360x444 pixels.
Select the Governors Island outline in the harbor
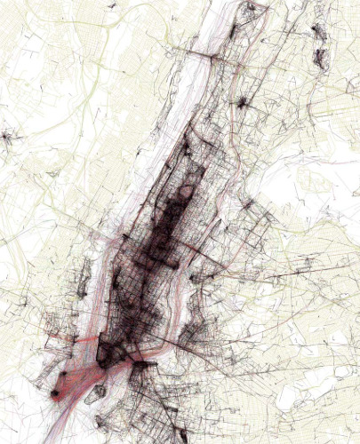pos(98,389)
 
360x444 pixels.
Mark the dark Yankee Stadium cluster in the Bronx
pos(240,102)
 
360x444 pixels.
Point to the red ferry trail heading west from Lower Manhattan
pos(76,342)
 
